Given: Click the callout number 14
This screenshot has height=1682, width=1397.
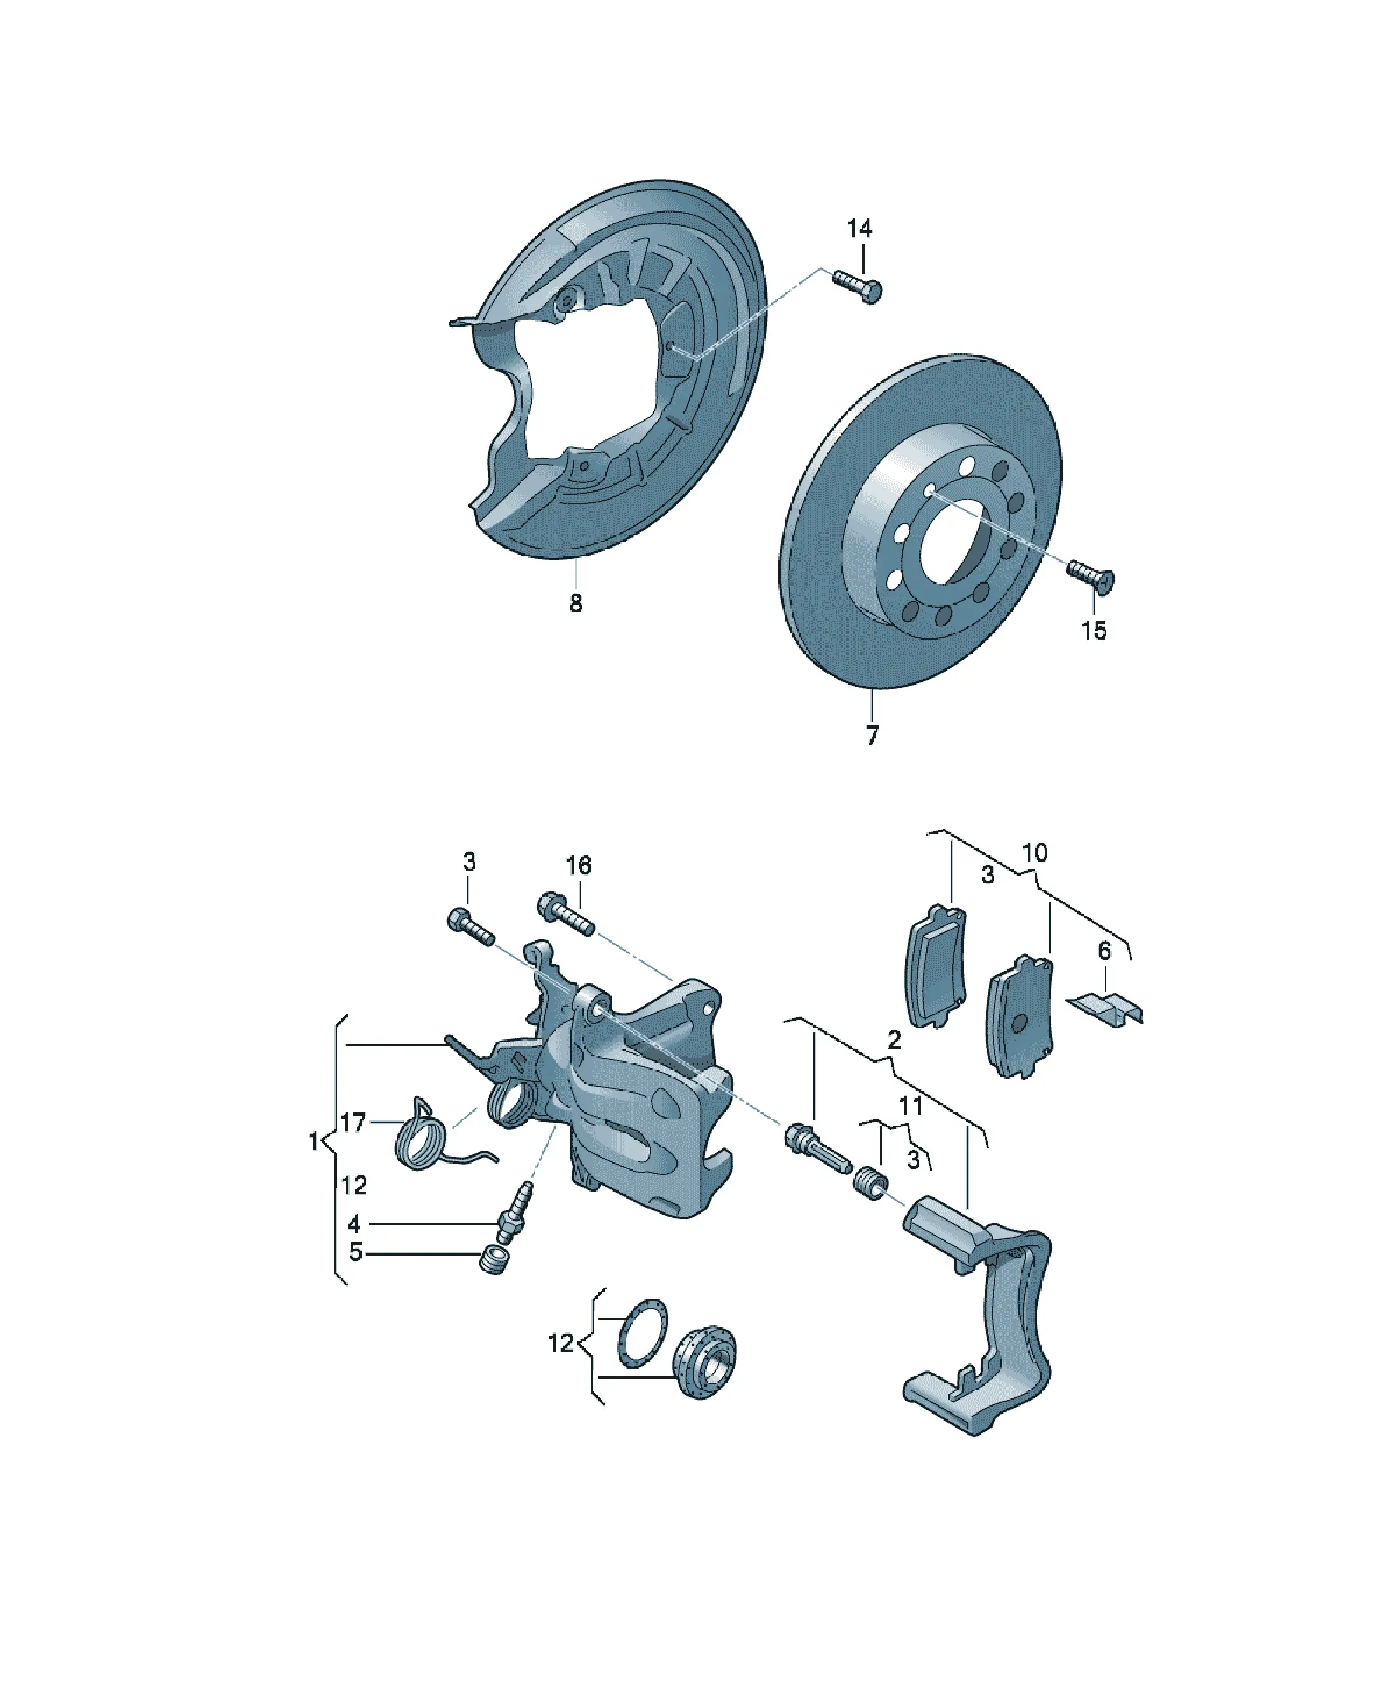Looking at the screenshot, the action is point(859,229).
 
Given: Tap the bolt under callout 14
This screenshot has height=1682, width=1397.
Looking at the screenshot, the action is point(857,285).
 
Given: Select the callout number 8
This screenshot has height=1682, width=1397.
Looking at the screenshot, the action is point(576,603).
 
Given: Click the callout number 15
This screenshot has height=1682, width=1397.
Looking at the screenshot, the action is point(1093,630).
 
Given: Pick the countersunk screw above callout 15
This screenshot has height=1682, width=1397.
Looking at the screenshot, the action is point(1091,577).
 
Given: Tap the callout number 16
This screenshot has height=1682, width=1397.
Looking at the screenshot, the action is point(579,865).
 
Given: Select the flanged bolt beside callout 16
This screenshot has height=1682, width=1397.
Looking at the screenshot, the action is point(565,913).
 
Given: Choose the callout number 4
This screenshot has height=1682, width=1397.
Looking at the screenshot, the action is point(354,1224).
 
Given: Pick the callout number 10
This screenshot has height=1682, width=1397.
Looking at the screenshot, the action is point(1035,852).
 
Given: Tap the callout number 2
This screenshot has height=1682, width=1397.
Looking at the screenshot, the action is point(895,1040).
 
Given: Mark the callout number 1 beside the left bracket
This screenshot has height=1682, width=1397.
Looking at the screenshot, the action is point(314,1141).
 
